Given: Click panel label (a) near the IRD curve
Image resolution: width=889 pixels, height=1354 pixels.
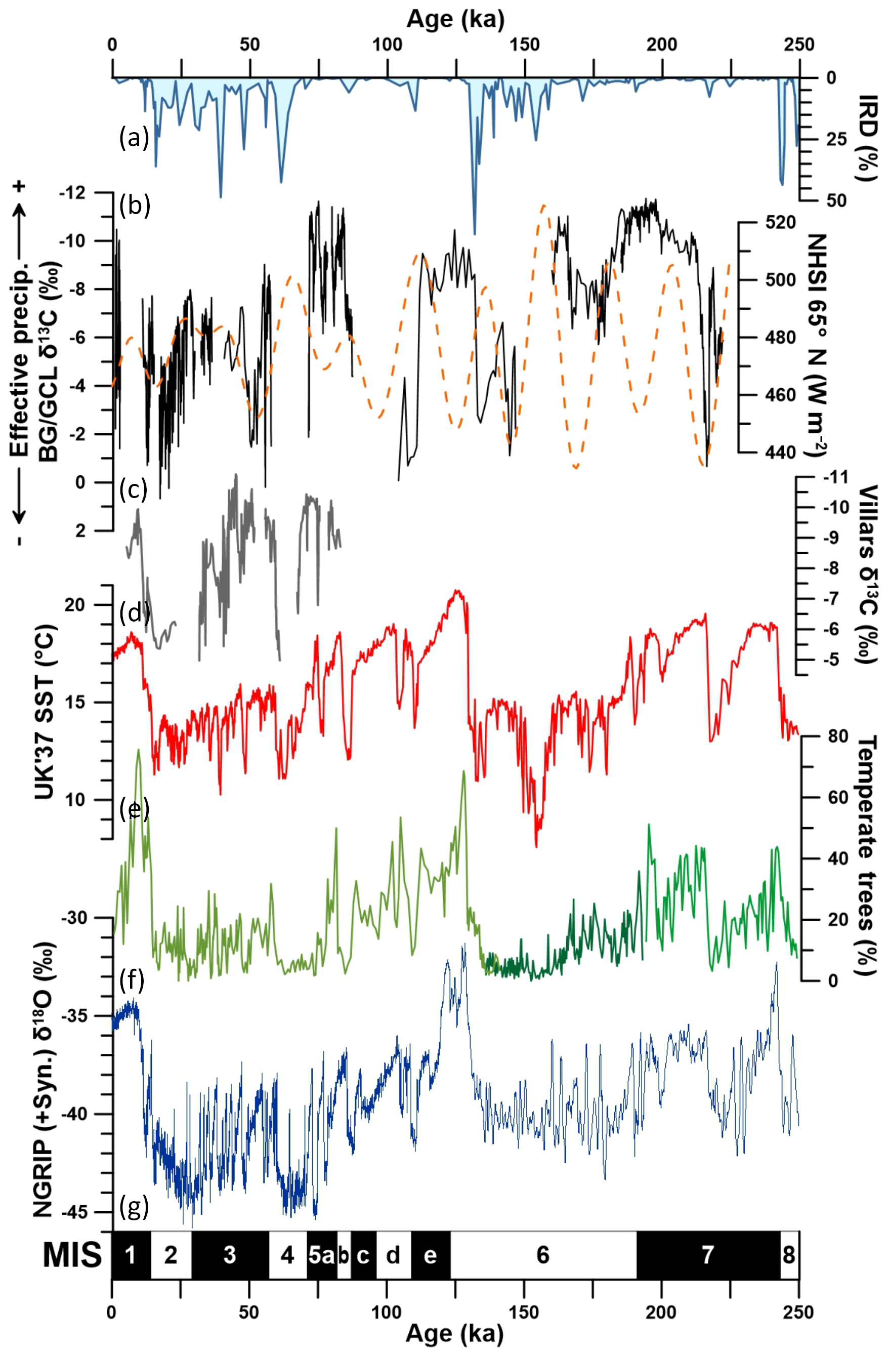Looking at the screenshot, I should point(134,138).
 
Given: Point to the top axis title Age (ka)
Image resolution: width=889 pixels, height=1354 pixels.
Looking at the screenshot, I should point(455,19).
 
